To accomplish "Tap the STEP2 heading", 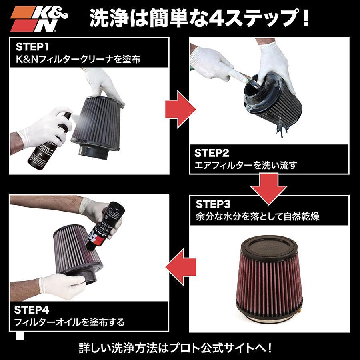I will click(x=212, y=153).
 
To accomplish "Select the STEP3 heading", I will click(x=213, y=204).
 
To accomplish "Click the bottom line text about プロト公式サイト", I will click(x=180, y=346).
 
